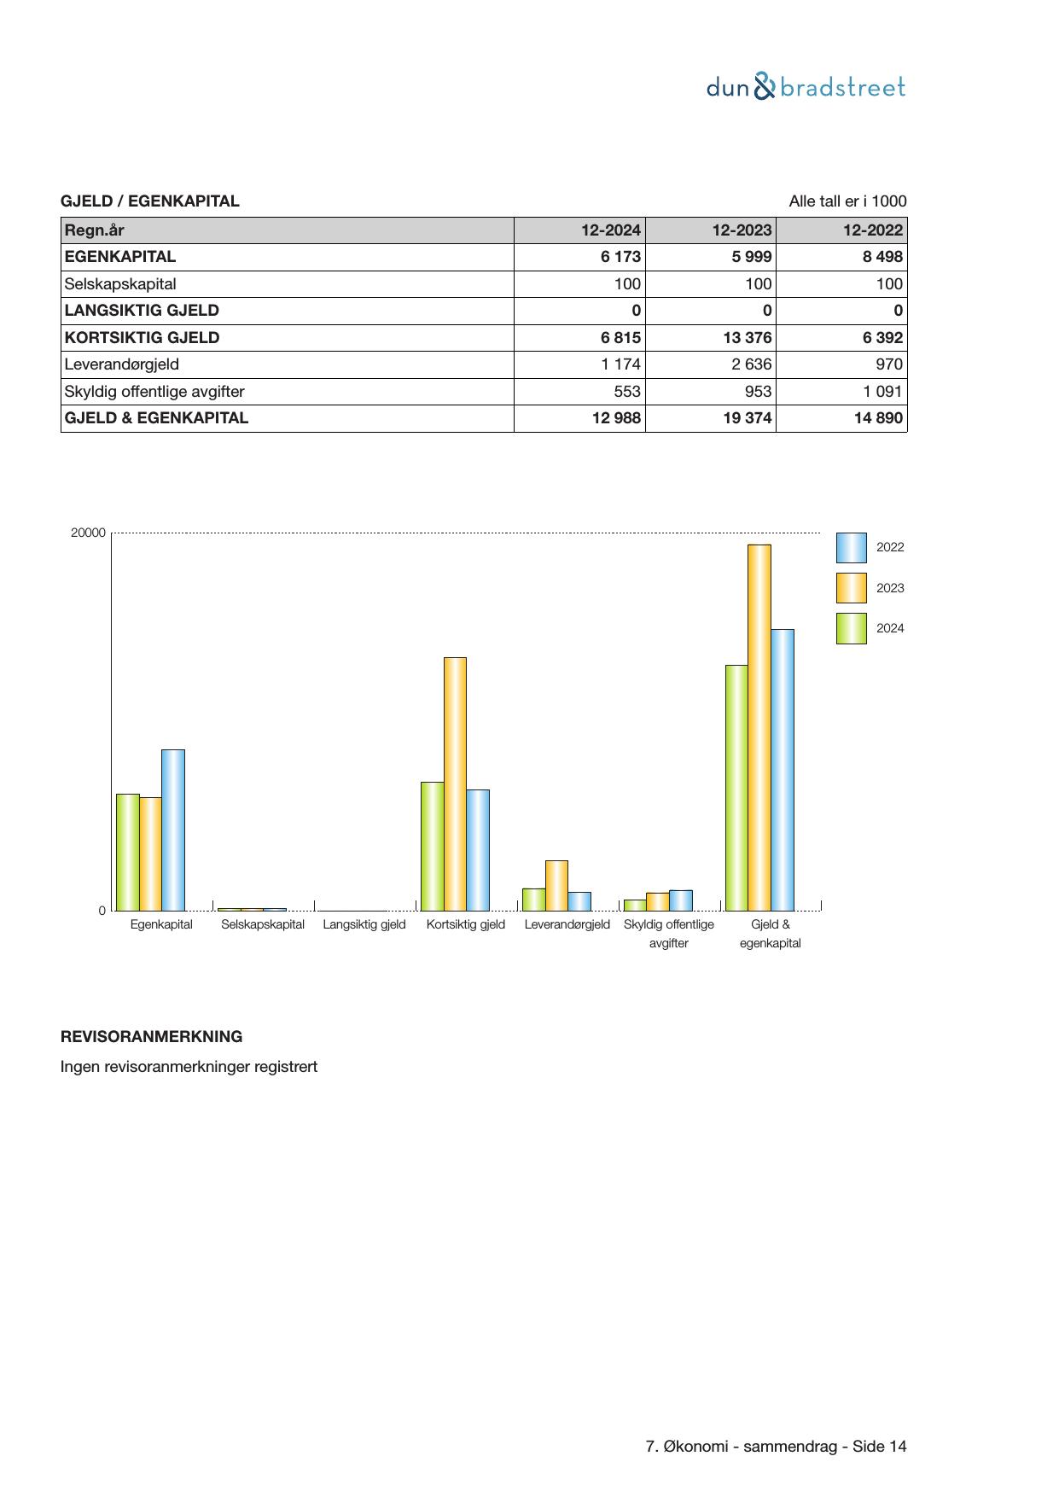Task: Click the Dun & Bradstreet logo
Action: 806,87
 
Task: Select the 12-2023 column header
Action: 742,230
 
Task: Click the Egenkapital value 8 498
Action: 882,257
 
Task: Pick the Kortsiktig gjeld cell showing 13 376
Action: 747,338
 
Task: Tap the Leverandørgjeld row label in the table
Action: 122,364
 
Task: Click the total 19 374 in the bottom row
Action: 747,418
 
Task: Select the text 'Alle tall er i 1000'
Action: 847,201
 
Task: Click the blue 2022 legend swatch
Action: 851,548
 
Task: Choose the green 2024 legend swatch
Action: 851,628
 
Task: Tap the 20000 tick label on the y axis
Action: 88,533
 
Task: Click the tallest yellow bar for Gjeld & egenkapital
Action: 759,727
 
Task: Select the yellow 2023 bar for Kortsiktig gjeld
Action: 455,783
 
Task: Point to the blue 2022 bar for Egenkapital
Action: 173,830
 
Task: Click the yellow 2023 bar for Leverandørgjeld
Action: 556,885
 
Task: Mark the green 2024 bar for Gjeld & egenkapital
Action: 736,787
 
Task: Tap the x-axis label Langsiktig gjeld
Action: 364,924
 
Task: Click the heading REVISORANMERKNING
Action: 151,1037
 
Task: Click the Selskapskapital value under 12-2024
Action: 627,284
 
